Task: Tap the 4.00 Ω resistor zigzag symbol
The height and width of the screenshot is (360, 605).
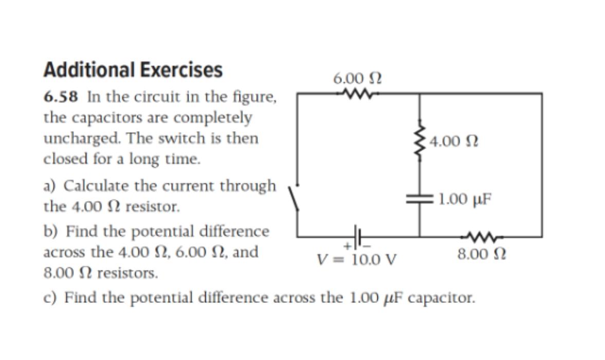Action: pyautogui.click(x=420, y=141)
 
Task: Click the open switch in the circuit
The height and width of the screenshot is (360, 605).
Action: pyautogui.click(x=294, y=197)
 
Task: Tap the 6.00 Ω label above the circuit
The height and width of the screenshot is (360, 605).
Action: pyautogui.click(x=357, y=78)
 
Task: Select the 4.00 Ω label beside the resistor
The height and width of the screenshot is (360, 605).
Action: pyautogui.click(x=452, y=141)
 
